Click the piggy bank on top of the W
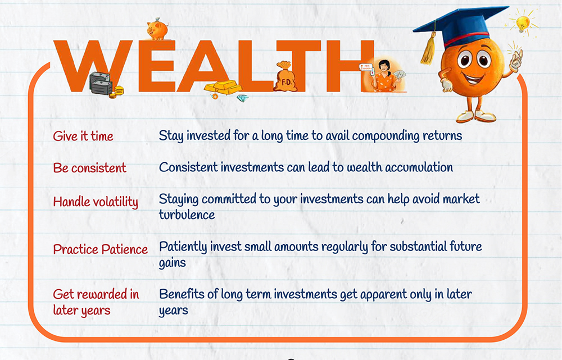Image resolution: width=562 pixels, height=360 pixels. point(157,29)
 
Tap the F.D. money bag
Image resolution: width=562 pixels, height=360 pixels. point(285,76)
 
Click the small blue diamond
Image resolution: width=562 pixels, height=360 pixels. point(243,98)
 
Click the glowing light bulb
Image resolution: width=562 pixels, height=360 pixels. point(523,22)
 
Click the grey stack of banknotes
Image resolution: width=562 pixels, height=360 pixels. point(101,83)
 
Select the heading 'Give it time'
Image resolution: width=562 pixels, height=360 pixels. point(83,136)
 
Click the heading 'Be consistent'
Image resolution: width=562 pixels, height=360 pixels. point(89,167)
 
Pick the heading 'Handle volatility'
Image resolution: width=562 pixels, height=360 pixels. point(96,202)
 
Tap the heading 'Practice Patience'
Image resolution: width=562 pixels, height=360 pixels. point(101,249)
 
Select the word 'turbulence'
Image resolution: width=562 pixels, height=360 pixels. point(187,215)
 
